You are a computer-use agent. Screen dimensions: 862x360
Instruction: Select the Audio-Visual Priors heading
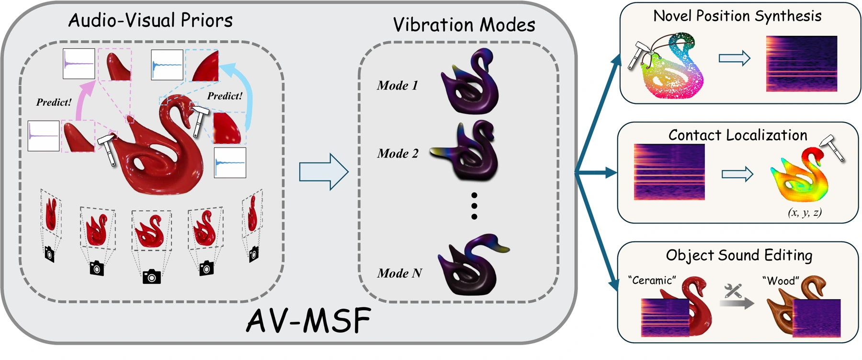click(150, 20)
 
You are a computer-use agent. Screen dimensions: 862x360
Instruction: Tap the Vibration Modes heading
click(464, 25)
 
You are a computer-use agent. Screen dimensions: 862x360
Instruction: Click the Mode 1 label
click(397, 86)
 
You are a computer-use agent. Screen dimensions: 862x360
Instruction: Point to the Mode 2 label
click(397, 154)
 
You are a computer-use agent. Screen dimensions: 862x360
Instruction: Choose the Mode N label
click(399, 273)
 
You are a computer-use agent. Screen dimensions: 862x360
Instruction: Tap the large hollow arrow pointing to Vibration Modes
click(324, 172)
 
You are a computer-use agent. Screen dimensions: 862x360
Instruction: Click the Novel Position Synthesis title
click(737, 16)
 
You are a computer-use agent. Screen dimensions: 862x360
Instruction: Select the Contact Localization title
click(738, 135)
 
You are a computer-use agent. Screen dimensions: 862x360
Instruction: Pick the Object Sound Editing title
click(739, 255)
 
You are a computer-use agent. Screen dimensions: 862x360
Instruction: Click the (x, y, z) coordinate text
click(805, 212)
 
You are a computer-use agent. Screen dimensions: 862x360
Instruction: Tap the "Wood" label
click(781, 281)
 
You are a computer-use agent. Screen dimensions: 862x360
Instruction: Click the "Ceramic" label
click(652, 280)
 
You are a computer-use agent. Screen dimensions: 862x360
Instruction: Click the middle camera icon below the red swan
click(152, 276)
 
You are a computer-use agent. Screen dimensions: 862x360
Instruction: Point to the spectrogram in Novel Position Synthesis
click(802, 63)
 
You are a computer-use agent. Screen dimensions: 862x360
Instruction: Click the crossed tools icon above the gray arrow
click(733, 291)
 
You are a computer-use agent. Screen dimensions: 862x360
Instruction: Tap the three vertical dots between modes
click(474, 206)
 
